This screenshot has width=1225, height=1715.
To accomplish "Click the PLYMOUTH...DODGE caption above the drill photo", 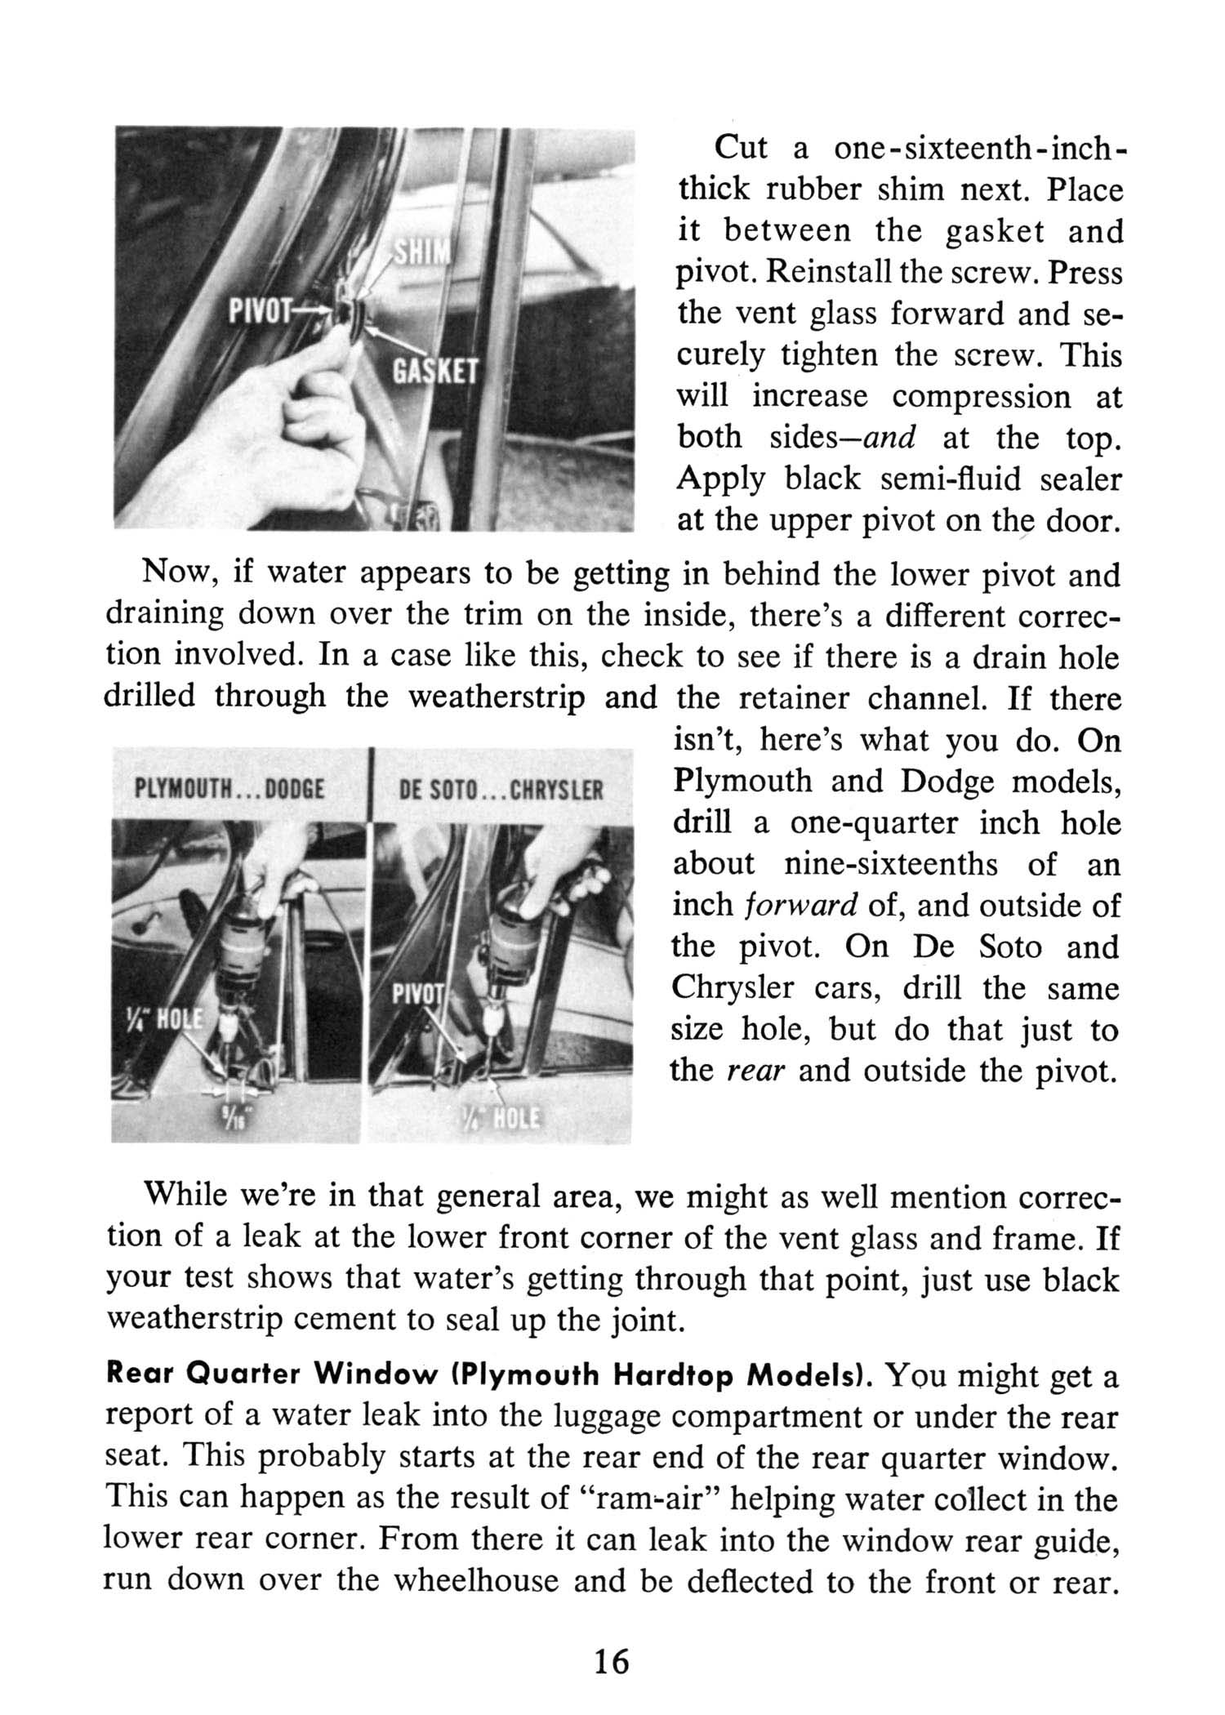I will (x=230, y=790).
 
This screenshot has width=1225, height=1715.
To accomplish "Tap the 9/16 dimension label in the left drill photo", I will (x=231, y=1116).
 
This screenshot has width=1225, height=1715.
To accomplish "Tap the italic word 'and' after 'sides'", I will (x=888, y=438).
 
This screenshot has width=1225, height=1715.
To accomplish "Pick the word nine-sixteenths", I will (x=890, y=864).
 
